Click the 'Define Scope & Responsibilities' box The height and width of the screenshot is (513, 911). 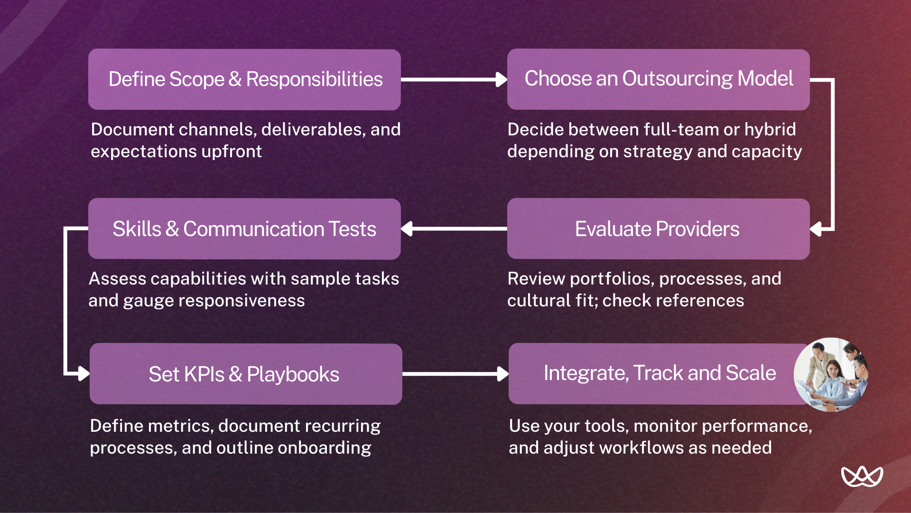[x=244, y=79]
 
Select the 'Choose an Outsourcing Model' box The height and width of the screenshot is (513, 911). [x=658, y=79]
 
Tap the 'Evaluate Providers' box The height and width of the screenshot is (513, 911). [x=658, y=229]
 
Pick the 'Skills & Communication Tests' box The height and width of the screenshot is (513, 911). [x=244, y=229]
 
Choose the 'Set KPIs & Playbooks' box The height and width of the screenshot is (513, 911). [x=245, y=374]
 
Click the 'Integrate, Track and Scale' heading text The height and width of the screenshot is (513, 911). [x=660, y=373]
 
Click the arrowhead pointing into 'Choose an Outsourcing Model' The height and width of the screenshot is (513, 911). [x=501, y=79]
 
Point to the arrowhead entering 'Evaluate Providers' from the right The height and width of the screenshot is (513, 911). [x=816, y=229]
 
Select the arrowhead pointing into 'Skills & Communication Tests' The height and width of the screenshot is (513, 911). [x=407, y=229]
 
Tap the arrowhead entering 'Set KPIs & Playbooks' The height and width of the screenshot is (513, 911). [x=84, y=374]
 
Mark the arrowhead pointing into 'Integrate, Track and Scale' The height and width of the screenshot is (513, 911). [x=502, y=374]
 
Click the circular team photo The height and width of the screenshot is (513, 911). [x=831, y=374]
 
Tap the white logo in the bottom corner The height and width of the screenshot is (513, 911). [x=862, y=476]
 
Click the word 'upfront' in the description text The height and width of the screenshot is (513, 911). [x=232, y=152]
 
